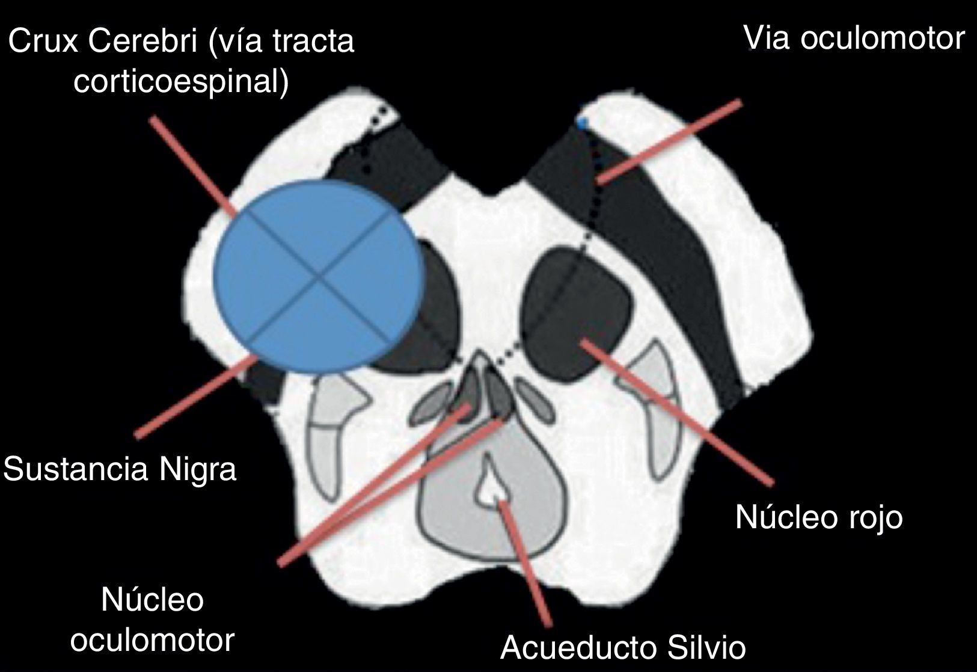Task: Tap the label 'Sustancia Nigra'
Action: pos(120,469)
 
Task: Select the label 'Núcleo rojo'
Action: pos(819,517)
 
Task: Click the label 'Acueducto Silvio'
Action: pos(623,647)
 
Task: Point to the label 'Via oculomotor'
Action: pos(854,38)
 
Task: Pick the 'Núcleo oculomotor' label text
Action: pos(152,620)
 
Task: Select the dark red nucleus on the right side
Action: pos(577,313)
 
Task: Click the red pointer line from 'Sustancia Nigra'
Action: pos(192,397)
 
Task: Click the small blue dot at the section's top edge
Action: pos(582,123)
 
